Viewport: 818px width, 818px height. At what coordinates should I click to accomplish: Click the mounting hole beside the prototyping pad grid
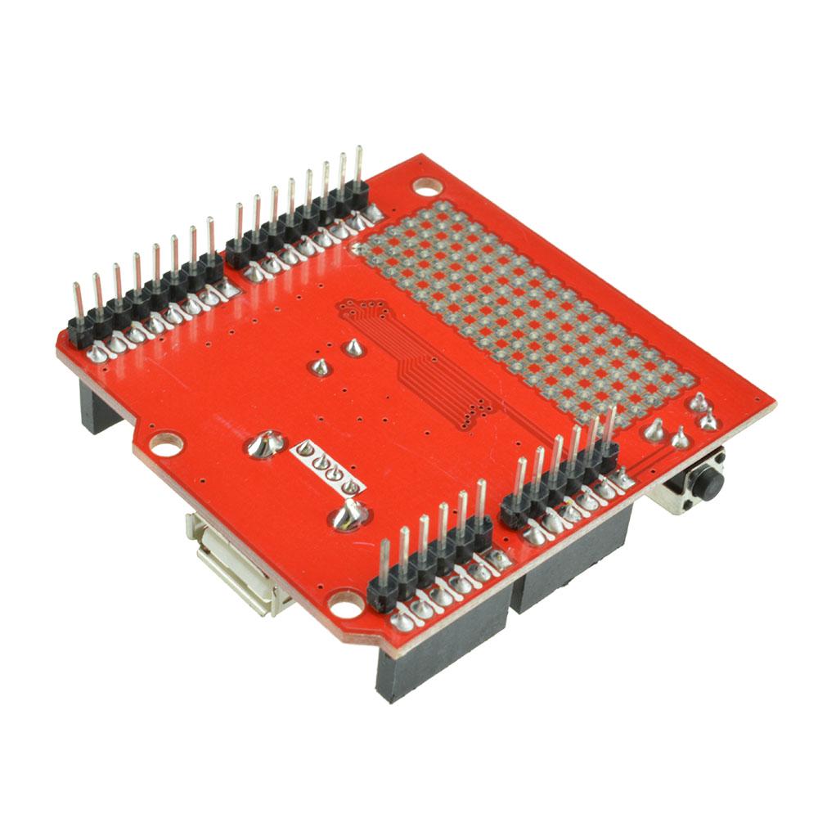point(425,186)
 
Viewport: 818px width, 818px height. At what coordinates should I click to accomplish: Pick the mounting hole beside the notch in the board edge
point(165,445)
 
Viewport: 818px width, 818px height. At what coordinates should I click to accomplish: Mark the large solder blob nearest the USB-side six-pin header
point(349,515)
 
